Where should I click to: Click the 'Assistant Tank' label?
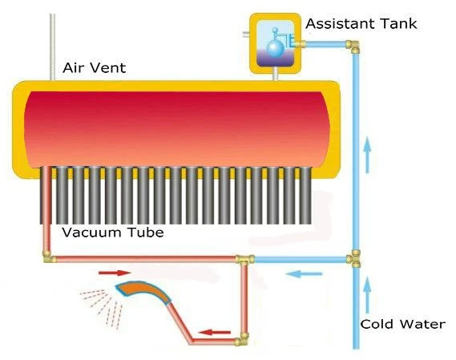tap(361, 23)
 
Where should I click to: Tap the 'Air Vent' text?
tap(95, 67)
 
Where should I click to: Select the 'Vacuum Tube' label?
tap(113, 233)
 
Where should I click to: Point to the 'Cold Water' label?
tap(403, 324)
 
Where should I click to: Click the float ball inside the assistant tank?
tap(275, 48)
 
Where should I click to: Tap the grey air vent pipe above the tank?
tap(52, 47)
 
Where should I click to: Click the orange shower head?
tap(143, 292)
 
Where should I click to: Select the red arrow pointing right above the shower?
tap(115, 273)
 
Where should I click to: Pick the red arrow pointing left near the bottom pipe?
tap(215, 332)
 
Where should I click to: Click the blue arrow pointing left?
tap(304, 273)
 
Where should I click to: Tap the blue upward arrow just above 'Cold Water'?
tap(367, 295)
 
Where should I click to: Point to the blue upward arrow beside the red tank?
tap(367, 155)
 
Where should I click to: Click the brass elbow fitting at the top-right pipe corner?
tap(353, 47)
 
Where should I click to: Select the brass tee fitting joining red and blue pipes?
tap(244, 259)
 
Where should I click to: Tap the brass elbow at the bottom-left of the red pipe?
tap(48, 257)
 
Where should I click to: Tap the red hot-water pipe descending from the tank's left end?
tap(46, 208)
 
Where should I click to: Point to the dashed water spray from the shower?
tap(101, 309)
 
